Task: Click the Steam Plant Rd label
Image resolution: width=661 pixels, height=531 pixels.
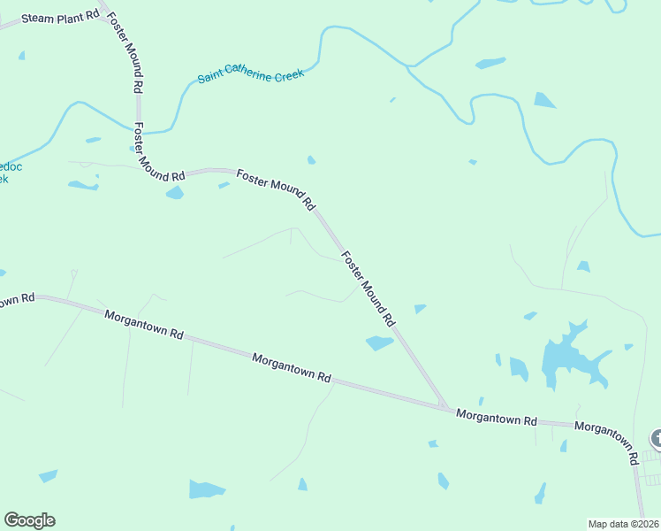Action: tap(60, 18)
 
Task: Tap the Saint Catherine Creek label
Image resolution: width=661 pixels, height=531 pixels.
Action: tap(251, 74)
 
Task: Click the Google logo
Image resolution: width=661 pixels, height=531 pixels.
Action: tap(29, 520)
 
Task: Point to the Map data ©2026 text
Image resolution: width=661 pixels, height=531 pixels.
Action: tap(624, 523)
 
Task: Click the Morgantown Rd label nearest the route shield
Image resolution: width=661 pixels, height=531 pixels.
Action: tap(606, 441)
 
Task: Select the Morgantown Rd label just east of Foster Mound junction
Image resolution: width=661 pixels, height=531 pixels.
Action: tap(496, 418)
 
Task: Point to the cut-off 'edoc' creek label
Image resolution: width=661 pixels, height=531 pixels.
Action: tap(4, 173)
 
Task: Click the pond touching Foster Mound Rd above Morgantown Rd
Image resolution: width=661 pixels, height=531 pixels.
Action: tap(380, 342)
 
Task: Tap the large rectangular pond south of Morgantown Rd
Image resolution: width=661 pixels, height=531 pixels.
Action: tap(207, 489)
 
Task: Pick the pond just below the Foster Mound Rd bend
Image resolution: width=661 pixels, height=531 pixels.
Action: tap(174, 192)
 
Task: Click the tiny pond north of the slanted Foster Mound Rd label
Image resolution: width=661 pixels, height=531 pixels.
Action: tap(311, 160)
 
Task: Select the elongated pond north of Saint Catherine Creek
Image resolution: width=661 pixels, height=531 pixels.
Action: tap(490, 63)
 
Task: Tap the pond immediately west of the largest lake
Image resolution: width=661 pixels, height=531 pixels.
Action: tap(518, 367)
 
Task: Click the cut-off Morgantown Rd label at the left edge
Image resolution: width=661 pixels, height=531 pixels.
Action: tap(16, 300)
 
